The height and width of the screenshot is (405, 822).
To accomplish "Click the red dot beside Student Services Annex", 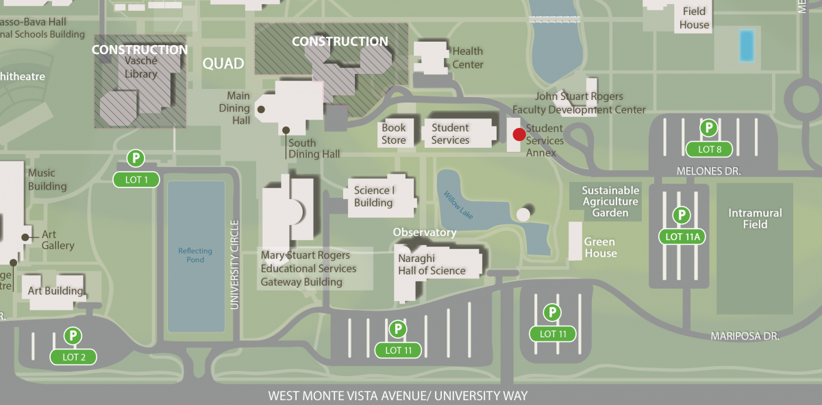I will [x=519, y=134].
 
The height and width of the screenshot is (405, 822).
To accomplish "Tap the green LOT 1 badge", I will [x=136, y=180].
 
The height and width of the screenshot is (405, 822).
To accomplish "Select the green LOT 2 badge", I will [x=73, y=356].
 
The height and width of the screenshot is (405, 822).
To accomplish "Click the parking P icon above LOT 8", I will [x=709, y=128].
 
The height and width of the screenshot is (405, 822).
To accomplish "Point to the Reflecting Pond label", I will [x=195, y=255].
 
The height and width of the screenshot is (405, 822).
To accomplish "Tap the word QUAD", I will [x=223, y=64].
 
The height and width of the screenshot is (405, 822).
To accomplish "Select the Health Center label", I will [x=468, y=57].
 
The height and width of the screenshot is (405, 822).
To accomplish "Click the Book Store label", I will [x=394, y=133].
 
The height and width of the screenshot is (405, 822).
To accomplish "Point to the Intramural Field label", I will [x=755, y=219].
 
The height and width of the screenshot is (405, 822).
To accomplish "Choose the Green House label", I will [x=600, y=248].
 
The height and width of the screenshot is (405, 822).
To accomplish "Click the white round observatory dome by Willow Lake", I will [x=523, y=215].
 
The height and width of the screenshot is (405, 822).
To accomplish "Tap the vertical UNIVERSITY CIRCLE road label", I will [x=234, y=264].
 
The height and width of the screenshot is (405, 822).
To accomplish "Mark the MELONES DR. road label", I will [x=708, y=170].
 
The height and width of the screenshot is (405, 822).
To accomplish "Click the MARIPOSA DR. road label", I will [x=745, y=336].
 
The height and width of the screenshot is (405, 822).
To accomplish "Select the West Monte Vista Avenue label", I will [x=397, y=395].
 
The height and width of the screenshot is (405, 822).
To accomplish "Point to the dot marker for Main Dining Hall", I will [x=261, y=109].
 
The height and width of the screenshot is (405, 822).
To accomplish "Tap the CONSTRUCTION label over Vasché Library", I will [x=140, y=49].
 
